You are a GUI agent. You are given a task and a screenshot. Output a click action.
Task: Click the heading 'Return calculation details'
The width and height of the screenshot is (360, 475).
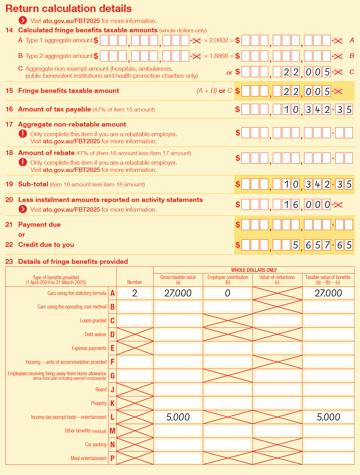pos(68,9)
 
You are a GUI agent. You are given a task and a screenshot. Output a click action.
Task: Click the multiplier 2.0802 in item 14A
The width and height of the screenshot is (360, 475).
pos(219,40)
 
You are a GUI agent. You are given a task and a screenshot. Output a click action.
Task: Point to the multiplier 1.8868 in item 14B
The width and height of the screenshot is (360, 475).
pos(219,56)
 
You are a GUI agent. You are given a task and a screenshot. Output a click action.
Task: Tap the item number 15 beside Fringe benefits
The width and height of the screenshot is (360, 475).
pos(9,91)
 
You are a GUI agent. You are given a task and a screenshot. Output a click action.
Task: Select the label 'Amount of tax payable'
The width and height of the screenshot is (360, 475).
pos(54,109)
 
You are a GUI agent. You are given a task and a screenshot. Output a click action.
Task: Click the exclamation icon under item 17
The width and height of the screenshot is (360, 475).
pos(23,134)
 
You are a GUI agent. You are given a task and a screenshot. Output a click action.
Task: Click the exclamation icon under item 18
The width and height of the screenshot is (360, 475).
pos(23,162)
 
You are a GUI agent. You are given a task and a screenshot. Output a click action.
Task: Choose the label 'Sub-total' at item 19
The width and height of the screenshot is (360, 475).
pos(33,184)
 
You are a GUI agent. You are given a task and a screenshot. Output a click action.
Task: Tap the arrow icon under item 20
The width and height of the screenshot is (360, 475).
pos(23,209)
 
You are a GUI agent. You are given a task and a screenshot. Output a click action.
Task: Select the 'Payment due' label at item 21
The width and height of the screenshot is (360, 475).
pos(39,225)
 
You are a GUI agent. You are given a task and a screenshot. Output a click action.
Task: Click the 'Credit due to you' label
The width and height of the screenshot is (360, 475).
pos(46,245)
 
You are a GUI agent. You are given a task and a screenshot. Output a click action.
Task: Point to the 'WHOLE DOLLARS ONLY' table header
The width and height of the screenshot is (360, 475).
pos(254,270)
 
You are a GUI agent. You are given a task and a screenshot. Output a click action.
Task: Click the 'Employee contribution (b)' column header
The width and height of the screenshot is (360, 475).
pos(228,280)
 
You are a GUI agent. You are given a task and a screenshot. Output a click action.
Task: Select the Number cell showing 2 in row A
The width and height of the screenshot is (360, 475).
pos(135,293)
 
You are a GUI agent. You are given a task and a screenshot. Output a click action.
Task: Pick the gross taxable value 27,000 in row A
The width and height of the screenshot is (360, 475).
pos(178,293)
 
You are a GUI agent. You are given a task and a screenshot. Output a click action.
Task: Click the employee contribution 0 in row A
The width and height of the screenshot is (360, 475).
pos(228,293)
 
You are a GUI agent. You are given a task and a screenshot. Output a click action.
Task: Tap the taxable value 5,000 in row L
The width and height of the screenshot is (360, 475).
pos(328,417)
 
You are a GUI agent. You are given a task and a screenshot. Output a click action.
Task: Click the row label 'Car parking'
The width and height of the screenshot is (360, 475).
pos(96,444)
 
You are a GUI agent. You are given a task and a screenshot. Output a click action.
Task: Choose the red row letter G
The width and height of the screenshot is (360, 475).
pos(112,376)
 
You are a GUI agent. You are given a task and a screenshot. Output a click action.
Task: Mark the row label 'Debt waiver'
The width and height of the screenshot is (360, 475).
pos(95,334)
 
